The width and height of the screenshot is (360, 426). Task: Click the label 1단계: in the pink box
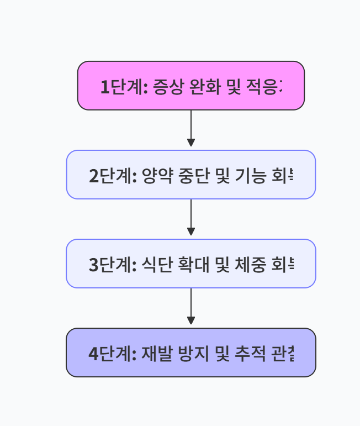121,87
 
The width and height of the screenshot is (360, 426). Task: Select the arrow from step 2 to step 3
191,217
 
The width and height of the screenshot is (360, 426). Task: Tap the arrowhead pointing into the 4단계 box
191,321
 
